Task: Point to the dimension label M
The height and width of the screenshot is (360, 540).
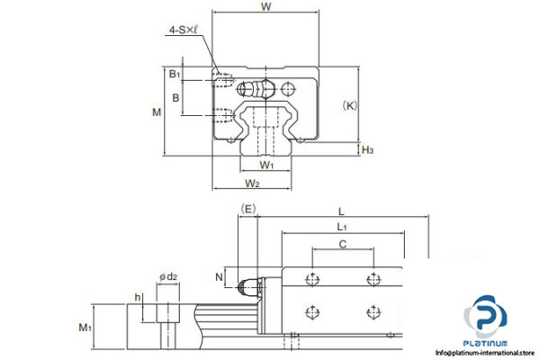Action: [157, 112]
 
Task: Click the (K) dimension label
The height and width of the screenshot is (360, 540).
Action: [351, 105]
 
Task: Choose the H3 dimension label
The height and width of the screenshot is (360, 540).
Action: [367, 149]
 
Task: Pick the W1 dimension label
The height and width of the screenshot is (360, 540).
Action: [265, 166]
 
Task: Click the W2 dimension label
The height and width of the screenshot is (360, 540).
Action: [253, 184]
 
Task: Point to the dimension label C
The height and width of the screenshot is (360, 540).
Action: [342, 244]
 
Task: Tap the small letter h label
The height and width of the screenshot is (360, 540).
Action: [138, 297]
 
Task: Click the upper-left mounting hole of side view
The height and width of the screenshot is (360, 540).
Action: [311, 278]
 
